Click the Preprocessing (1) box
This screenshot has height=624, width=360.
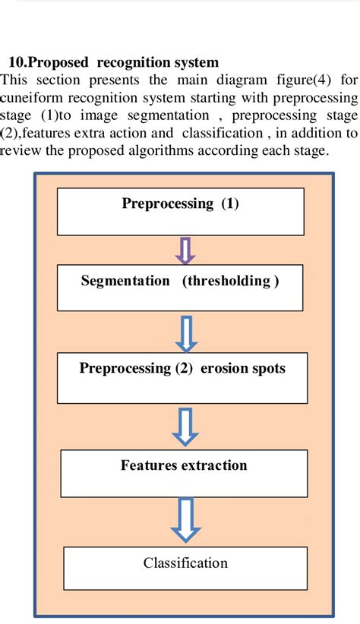click(181, 212)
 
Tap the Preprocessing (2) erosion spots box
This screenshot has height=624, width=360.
click(183, 377)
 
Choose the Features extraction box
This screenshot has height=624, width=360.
click(183, 473)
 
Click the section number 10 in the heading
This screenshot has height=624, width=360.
click(16, 62)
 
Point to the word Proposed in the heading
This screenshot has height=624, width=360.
click(56, 62)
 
